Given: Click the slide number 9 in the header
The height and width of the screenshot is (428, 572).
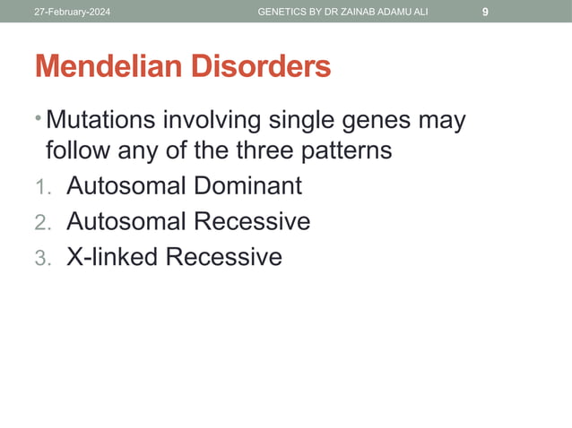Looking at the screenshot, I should click(485, 12).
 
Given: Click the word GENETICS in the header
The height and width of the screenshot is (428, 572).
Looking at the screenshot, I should click(284, 12).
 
